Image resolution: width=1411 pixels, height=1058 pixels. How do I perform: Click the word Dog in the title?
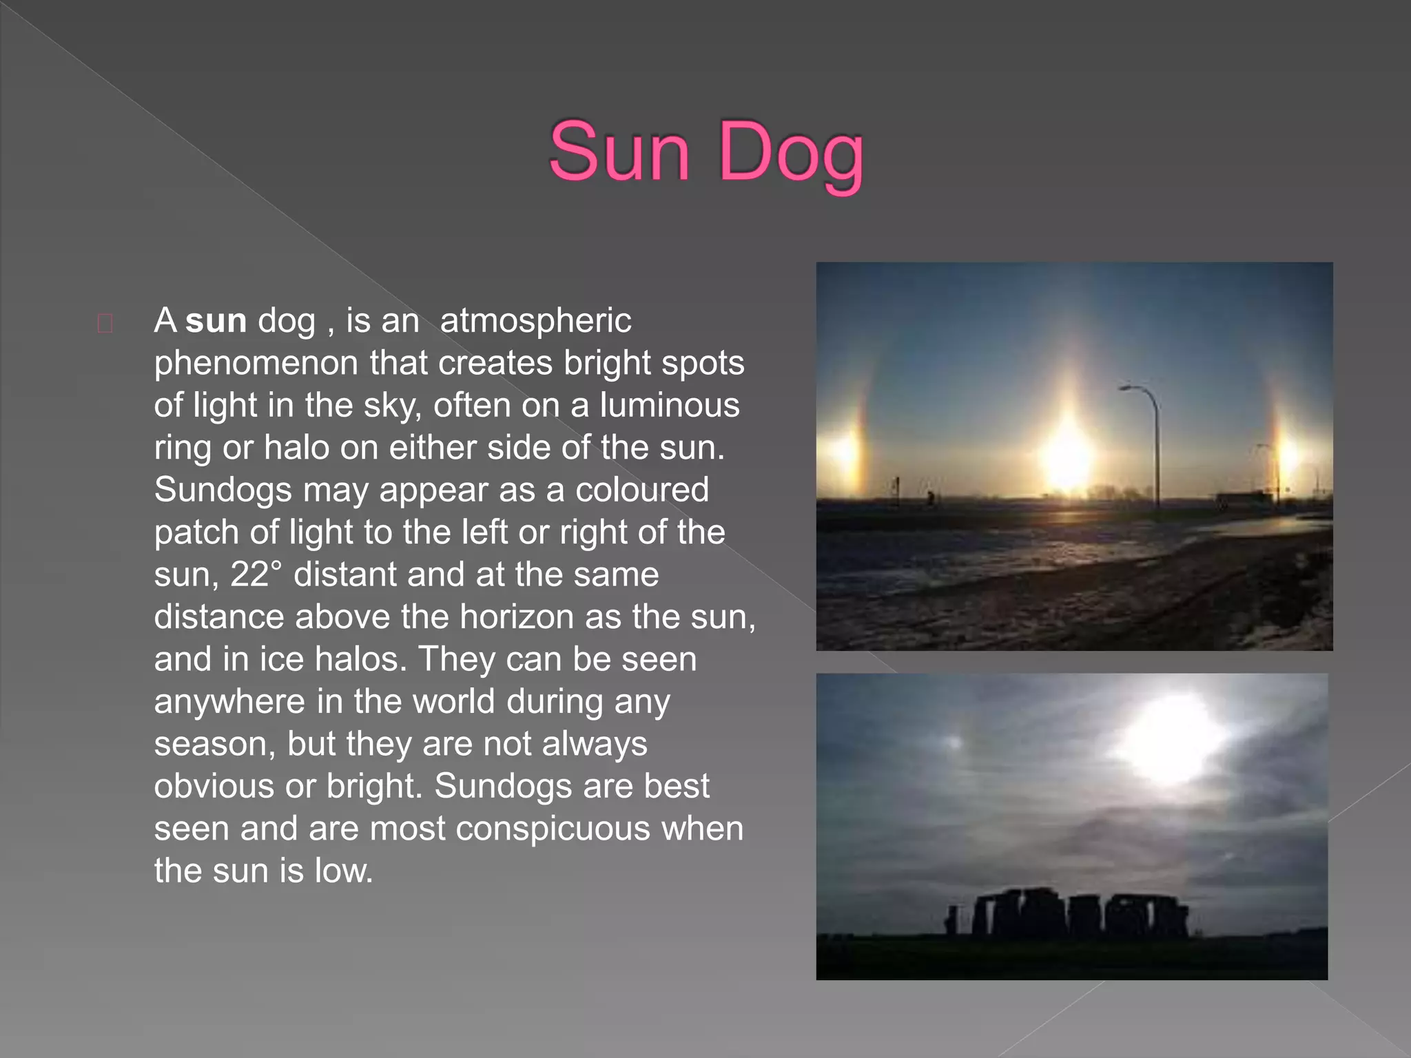[790, 154]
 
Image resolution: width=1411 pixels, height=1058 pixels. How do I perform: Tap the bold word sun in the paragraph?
[216, 321]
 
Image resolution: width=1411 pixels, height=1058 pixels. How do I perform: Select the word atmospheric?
[535, 321]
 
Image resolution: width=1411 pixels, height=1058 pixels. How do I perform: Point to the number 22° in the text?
[256, 574]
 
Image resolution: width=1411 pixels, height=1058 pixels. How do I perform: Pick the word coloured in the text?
[641, 490]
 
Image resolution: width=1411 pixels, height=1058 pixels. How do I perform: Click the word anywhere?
[229, 702]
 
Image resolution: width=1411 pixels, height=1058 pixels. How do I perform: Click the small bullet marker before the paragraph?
[105, 323]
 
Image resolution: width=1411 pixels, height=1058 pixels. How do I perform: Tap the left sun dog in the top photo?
[845, 451]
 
